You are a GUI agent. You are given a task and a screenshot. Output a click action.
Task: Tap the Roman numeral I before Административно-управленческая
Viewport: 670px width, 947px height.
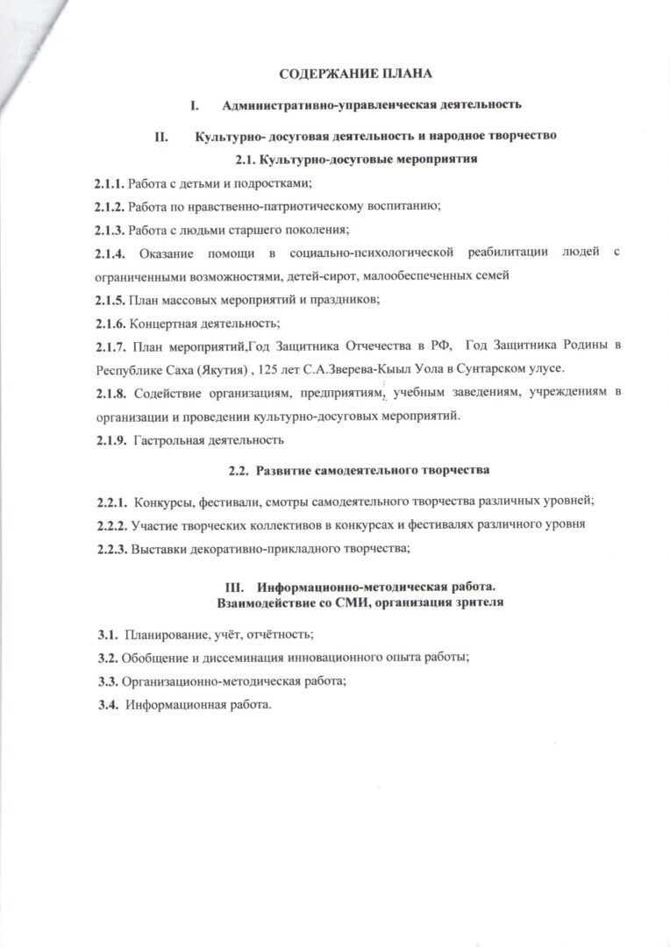tap(195, 105)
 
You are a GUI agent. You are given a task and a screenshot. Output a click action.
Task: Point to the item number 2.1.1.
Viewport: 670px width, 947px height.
tap(110, 183)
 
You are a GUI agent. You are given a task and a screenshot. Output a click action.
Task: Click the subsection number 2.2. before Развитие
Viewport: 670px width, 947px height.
tap(239, 471)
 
